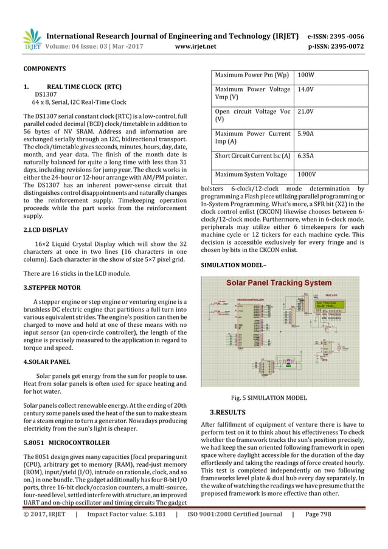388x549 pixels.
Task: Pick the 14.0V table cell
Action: pyautogui.click(x=306, y=90)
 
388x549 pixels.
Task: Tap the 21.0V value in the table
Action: pyautogui.click(x=306, y=112)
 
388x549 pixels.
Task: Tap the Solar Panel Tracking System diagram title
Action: pyautogui.click(x=279, y=283)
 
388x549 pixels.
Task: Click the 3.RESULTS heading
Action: pyautogui.click(x=227, y=412)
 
